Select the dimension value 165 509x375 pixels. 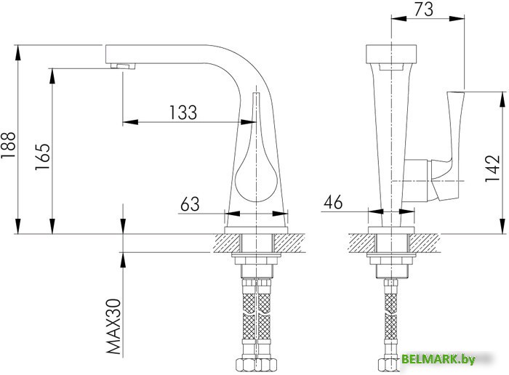(x=43, y=157)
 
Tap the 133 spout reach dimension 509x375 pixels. (x=183, y=112)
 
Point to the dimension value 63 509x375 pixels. (x=189, y=205)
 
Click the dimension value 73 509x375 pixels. (x=427, y=10)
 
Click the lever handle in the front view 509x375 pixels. (x=454, y=142)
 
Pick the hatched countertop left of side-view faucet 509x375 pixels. (x=225, y=243)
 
